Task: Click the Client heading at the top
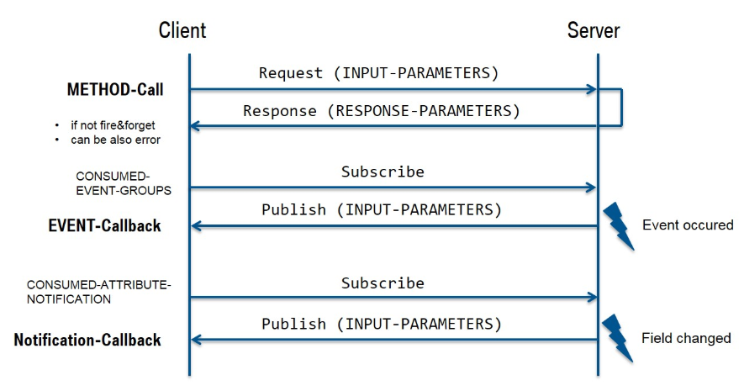(x=182, y=31)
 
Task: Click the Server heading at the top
(x=594, y=31)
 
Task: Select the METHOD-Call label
(x=115, y=89)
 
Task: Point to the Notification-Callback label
(x=87, y=341)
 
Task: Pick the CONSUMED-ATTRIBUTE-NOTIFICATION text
(x=98, y=292)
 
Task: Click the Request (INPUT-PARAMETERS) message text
(x=378, y=73)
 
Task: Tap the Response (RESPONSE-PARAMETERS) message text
(x=382, y=111)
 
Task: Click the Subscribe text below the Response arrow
(x=383, y=172)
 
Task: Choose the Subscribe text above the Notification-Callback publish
(x=383, y=283)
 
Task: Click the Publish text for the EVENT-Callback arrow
(x=381, y=209)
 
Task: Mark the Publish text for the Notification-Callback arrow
(x=381, y=324)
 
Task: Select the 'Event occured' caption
(x=687, y=225)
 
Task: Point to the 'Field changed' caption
(x=686, y=339)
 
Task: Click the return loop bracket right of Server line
(x=621, y=107)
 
